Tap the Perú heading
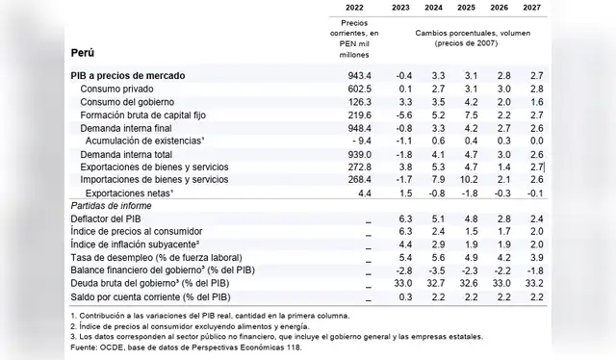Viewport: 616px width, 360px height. tap(84, 52)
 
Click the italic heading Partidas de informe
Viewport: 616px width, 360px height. tap(114, 206)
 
